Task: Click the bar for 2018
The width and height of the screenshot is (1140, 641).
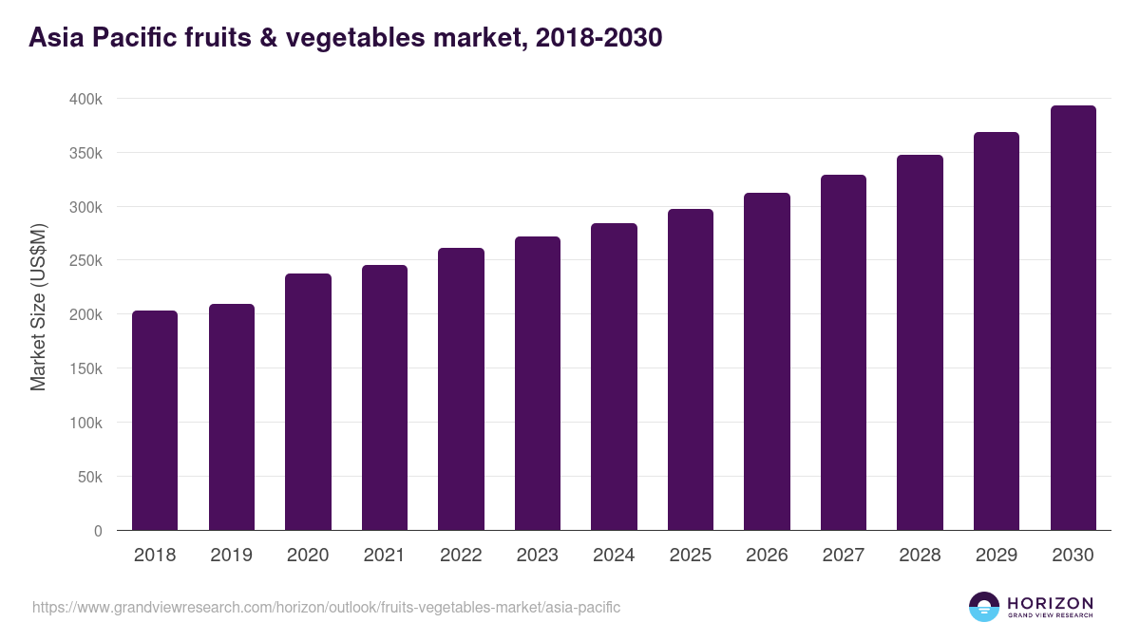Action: coord(155,420)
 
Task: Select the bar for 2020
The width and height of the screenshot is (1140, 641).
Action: coord(308,402)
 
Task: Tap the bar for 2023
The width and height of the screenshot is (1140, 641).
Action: coord(538,383)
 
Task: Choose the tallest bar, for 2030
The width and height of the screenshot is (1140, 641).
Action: coord(1073,317)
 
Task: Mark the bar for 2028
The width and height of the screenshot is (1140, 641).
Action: coord(920,342)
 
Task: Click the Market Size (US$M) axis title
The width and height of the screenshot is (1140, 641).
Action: coord(38,306)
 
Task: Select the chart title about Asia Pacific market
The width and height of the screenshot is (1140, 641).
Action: coord(346,38)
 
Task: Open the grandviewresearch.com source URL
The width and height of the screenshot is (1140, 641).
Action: coord(326,607)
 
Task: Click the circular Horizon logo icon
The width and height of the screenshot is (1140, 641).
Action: coord(984,607)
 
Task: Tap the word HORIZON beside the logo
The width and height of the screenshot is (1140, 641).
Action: coord(1050,602)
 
